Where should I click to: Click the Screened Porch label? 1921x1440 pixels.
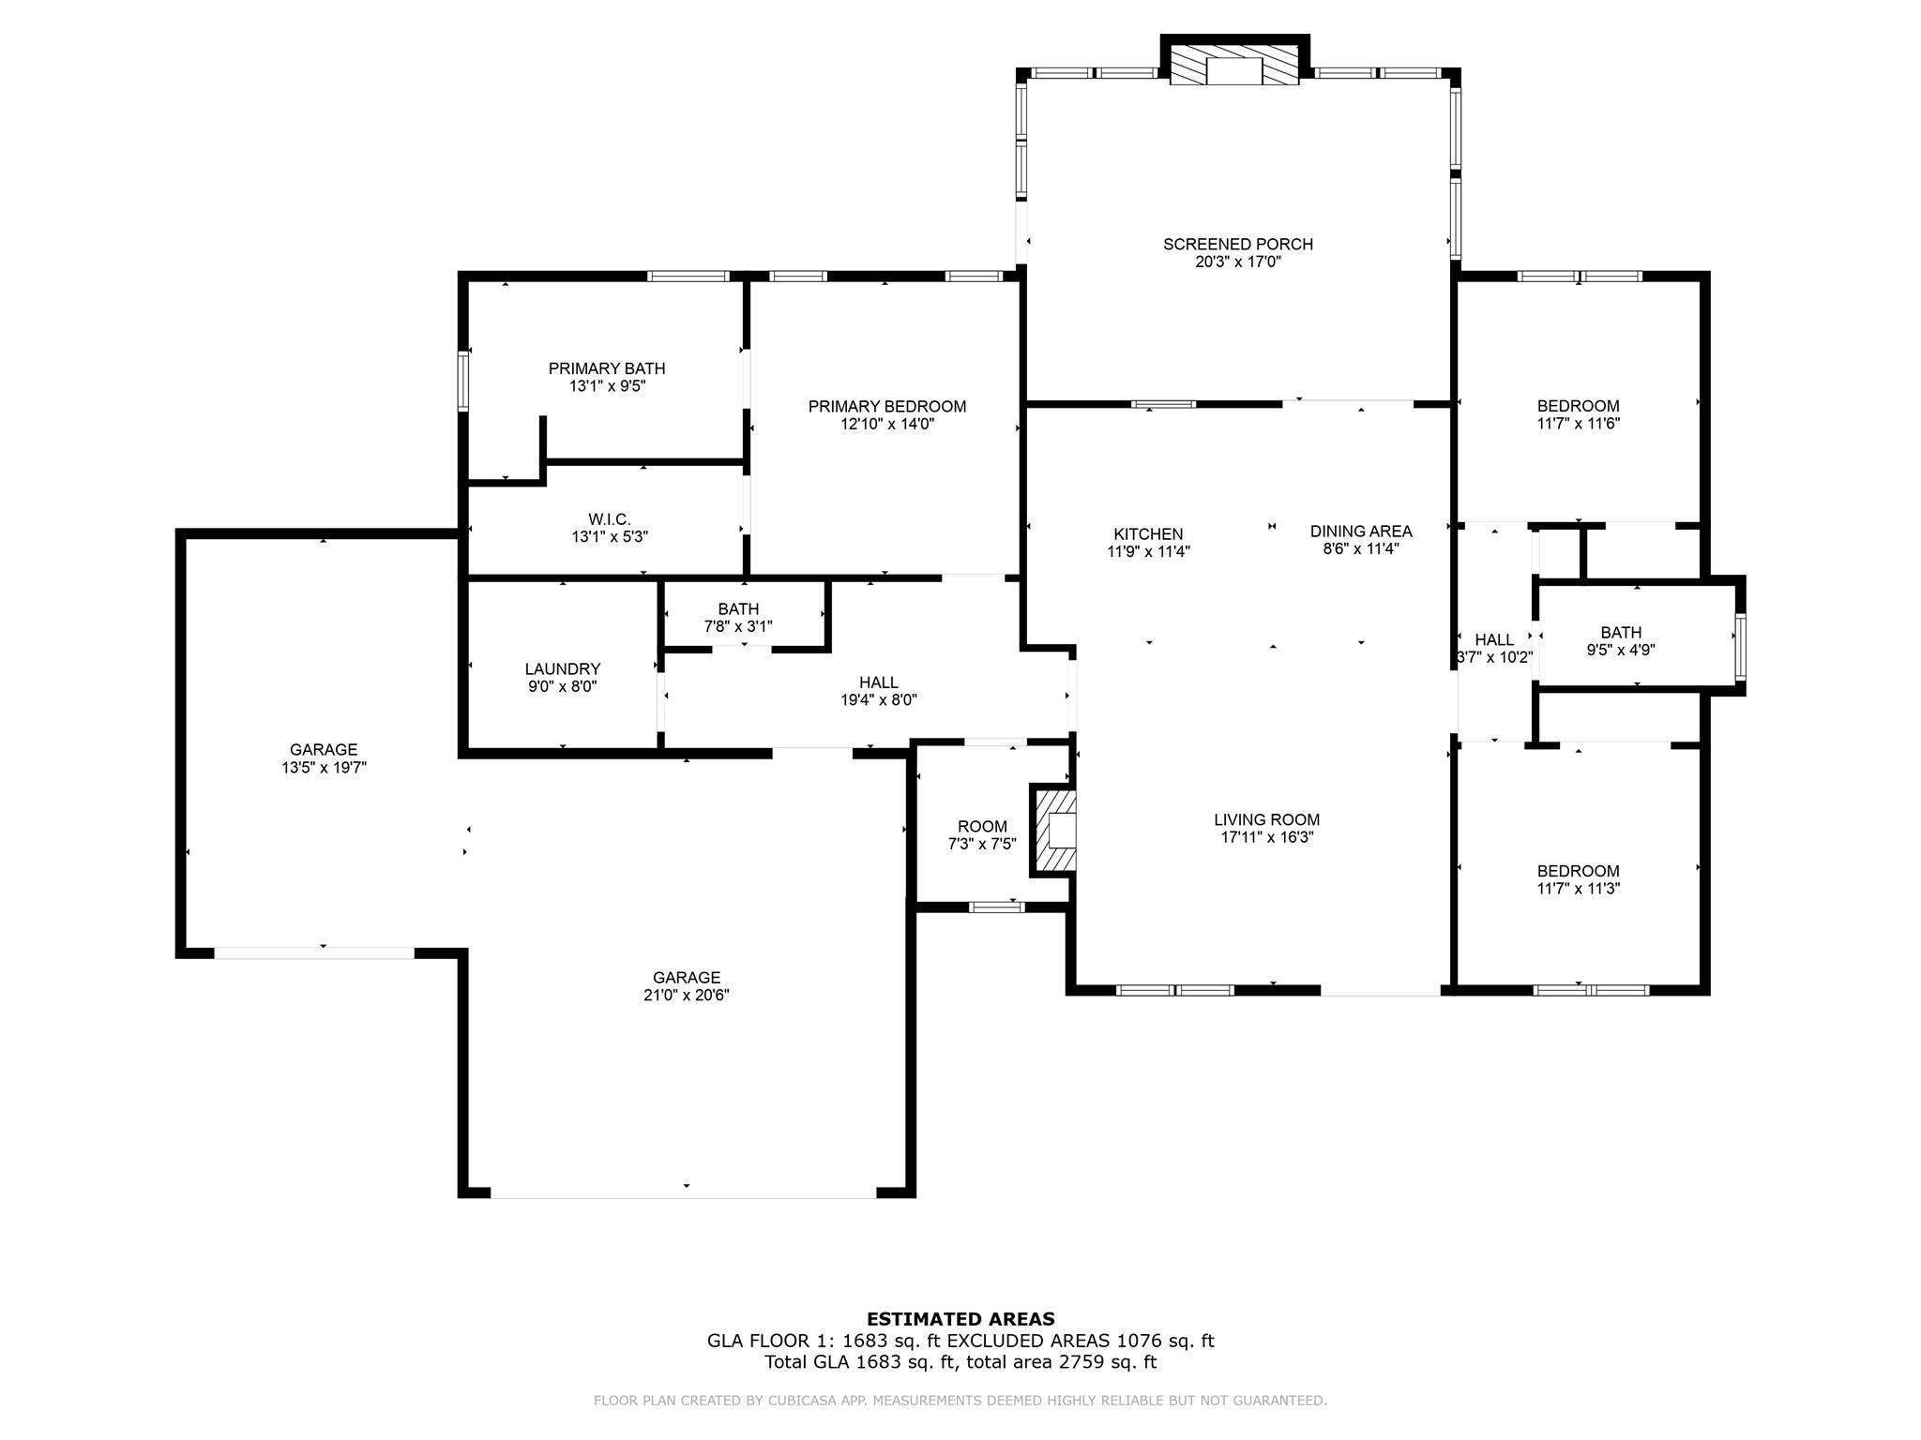pyautogui.click(x=1237, y=245)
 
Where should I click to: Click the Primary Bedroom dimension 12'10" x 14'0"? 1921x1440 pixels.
pyautogui.click(x=887, y=424)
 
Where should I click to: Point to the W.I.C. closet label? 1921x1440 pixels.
pyautogui.click(x=609, y=519)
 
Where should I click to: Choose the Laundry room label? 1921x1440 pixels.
pyautogui.click(x=563, y=669)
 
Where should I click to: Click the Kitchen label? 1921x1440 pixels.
pyautogui.click(x=1148, y=534)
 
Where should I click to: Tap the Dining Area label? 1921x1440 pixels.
pyautogui.click(x=1361, y=532)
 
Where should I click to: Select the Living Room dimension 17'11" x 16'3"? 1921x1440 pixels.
pyautogui.click(x=1267, y=837)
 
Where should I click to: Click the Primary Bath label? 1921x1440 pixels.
pyautogui.click(x=607, y=369)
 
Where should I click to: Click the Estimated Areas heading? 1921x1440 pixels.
pyautogui.click(x=960, y=1319)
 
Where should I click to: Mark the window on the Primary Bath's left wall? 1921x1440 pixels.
pyautogui.click(x=463, y=381)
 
